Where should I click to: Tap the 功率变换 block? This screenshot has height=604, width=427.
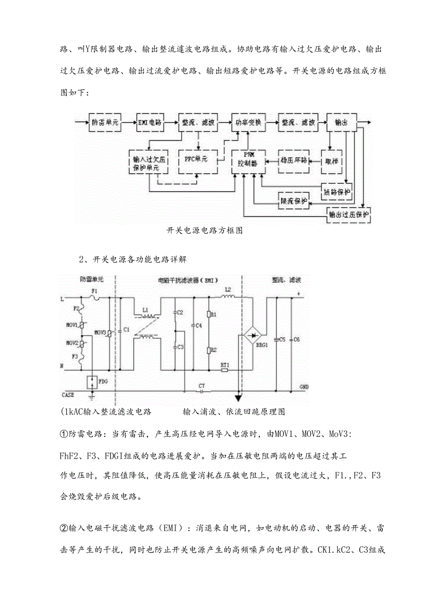(248, 123)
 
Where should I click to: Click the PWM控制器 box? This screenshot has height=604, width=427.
(248, 162)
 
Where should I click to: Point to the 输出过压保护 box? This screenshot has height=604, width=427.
(350, 214)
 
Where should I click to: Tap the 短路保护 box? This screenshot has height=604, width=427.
(337, 191)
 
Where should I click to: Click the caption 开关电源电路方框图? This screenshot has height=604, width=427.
(204, 230)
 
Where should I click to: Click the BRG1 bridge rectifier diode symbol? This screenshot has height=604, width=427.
(253, 334)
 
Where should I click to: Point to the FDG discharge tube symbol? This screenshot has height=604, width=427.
(91, 382)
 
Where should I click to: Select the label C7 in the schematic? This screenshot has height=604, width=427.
(201, 386)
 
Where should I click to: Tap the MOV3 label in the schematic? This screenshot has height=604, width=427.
(100, 333)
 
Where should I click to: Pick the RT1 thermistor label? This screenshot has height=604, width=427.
(225, 365)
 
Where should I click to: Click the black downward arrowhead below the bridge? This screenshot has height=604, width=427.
(239, 398)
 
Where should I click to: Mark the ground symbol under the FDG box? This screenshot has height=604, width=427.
(91, 397)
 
